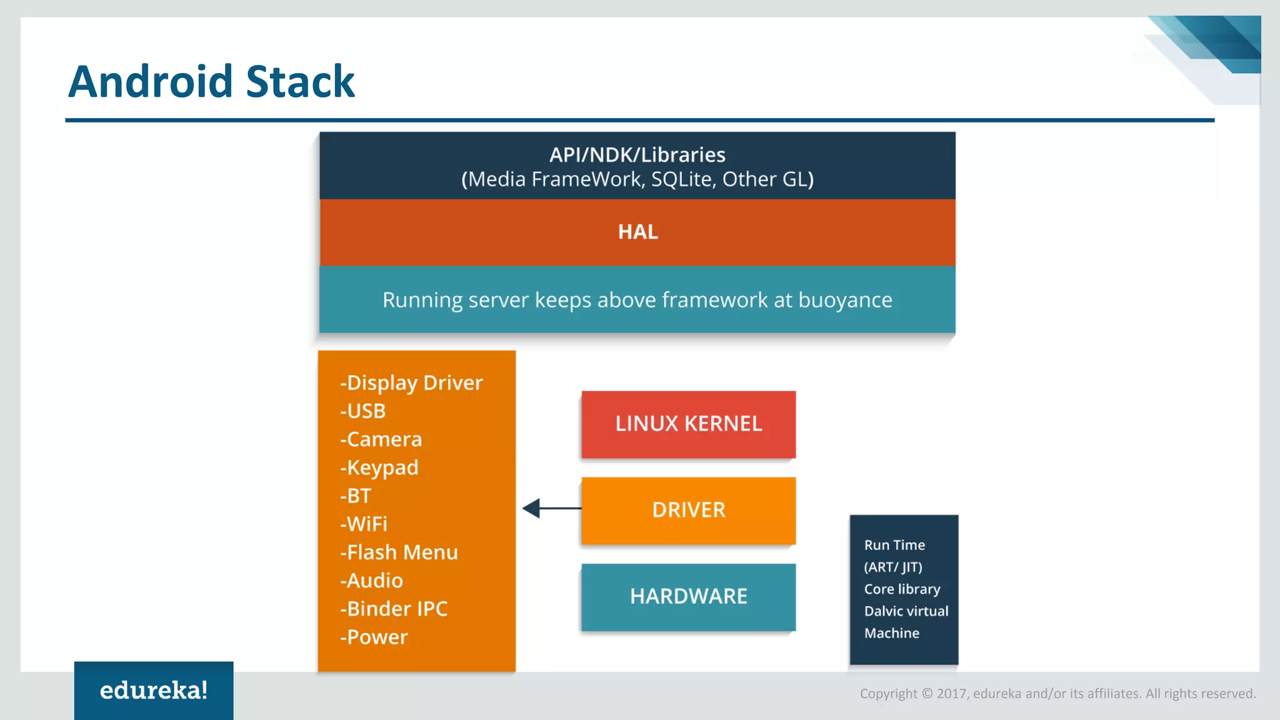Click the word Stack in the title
point(301,82)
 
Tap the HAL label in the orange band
point(637,232)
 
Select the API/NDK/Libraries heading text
point(637,154)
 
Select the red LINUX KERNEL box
point(688,424)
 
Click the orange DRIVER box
point(688,510)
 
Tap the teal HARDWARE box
point(688,596)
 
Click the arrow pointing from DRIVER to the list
point(550,508)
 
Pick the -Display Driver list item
point(411,382)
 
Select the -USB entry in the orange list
point(362,411)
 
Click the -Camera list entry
point(381,439)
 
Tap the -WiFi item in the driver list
point(363,524)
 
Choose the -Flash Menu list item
point(399,552)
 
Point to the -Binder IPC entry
point(394,609)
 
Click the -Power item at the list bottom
point(374,637)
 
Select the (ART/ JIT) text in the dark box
point(893,567)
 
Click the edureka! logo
point(154,690)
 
